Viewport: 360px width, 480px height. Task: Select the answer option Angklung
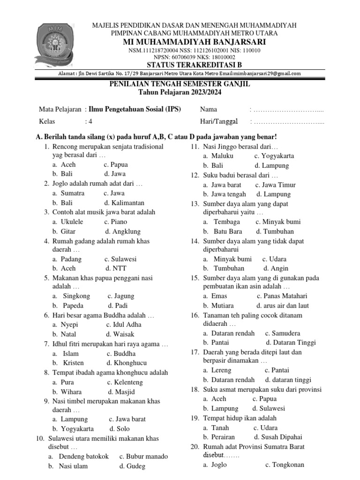pyautogui.click(x=123, y=231)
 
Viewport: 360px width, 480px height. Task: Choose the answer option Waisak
pyautogui.click(x=123, y=334)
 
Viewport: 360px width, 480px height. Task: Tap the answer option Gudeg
pyautogui.click(x=135, y=466)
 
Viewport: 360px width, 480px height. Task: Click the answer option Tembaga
pyautogui.click(x=227, y=222)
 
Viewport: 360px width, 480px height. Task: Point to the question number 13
pyautogui.click(x=195, y=204)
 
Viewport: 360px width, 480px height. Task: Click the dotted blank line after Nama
pyautogui.click(x=288, y=110)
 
